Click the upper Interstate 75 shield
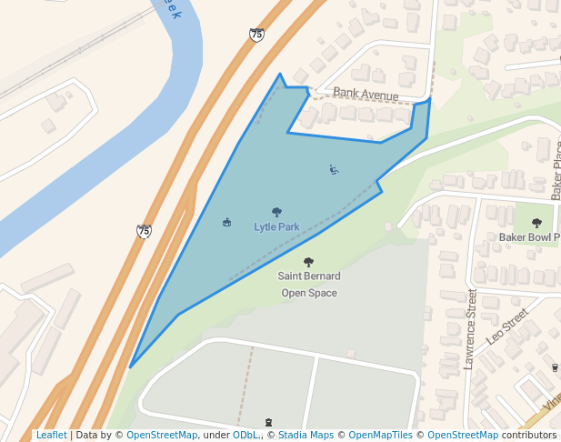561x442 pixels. point(256,35)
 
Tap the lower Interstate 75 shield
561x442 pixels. point(144,231)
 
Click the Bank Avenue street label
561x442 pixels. point(366,94)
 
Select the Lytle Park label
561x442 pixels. point(276,226)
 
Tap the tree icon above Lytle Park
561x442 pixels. point(276,213)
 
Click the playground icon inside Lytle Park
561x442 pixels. point(334,169)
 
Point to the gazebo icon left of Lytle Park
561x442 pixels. point(226,222)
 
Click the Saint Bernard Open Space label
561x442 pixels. point(309,284)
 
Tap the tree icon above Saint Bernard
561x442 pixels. point(308,262)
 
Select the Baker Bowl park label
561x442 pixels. point(528,237)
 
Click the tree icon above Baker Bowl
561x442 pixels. point(536,223)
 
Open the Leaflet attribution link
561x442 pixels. point(51,436)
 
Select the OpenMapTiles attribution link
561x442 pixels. point(377,436)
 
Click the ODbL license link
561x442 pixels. point(245,436)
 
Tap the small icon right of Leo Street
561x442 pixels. point(555,367)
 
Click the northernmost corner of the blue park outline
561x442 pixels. point(279,75)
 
